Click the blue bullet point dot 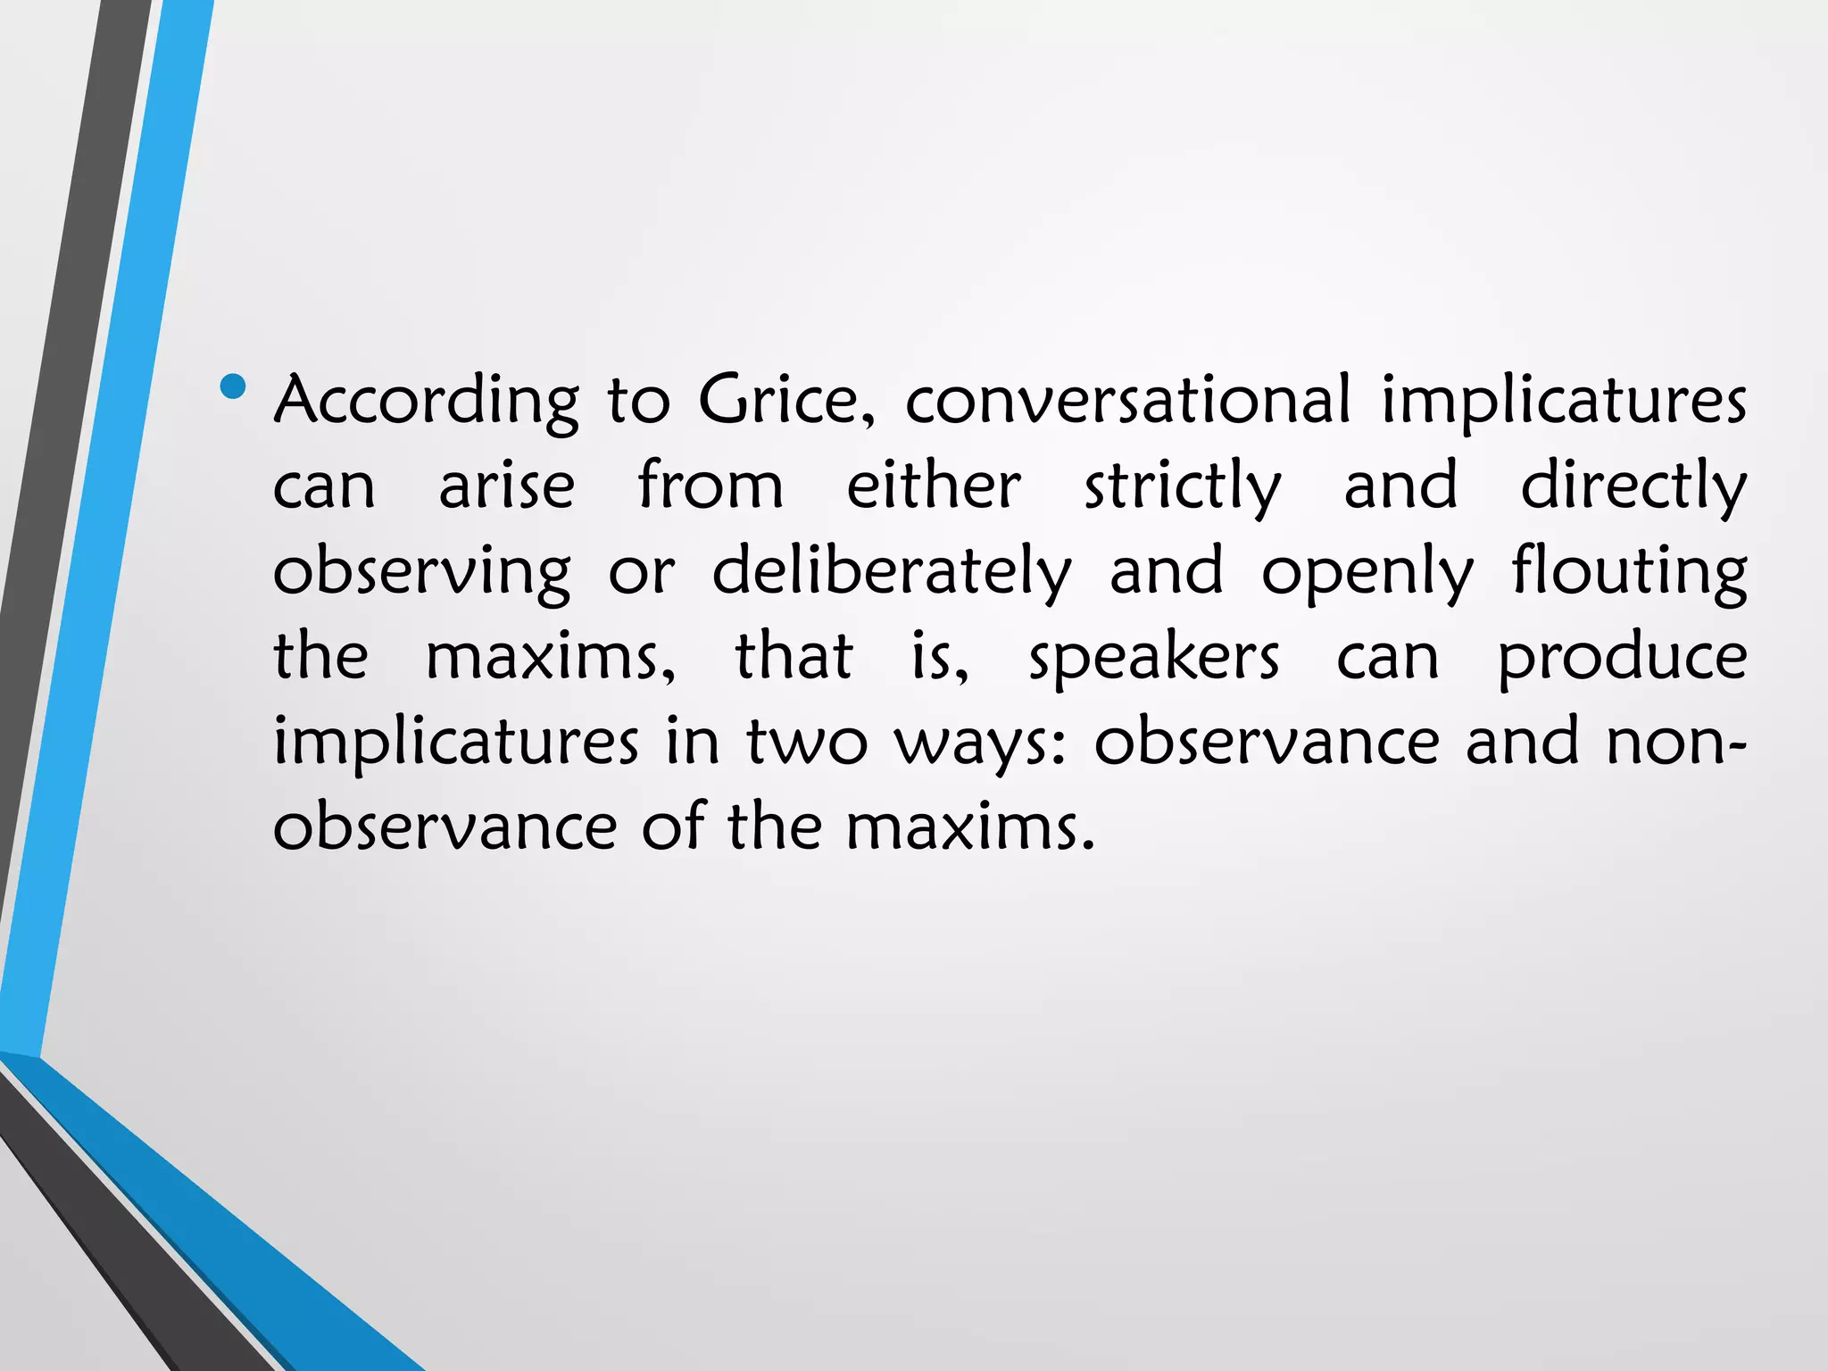pyautogui.click(x=233, y=386)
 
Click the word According pyautogui.click(x=426, y=401)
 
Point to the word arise pyautogui.click(x=506, y=486)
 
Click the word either pyautogui.click(x=933, y=486)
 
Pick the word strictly pyautogui.click(x=1183, y=487)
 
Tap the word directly pyautogui.click(x=1633, y=487)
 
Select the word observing pyautogui.click(x=421, y=572)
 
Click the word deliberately pyautogui.click(x=891, y=572)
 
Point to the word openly pyautogui.click(x=1367, y=572)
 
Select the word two pyautogui.click(x=806, y=743)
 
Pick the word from pyautogui.click(x=710, y=486)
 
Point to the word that pyautogui.click(x=794, y=657)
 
